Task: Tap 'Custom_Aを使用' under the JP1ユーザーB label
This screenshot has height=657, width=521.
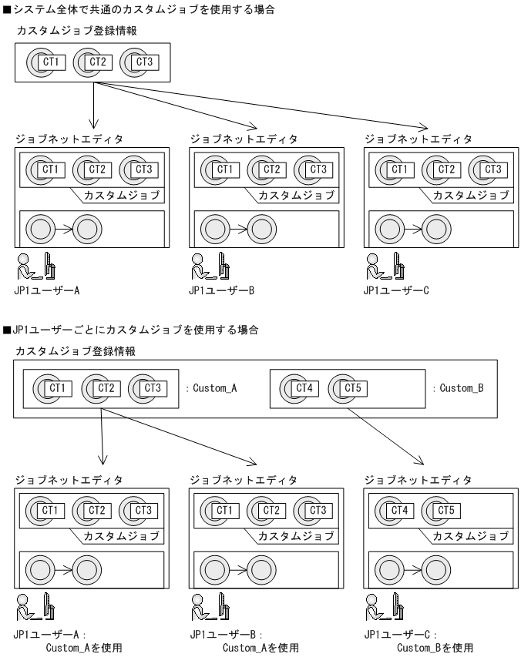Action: (260, 648)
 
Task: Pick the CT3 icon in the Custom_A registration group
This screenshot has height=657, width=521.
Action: (146, 388)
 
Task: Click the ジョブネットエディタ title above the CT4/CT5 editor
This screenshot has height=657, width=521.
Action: (418, 479)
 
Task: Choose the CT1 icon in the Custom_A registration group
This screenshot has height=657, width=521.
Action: (51, 388)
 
